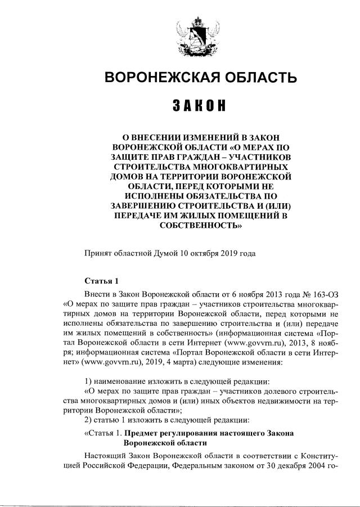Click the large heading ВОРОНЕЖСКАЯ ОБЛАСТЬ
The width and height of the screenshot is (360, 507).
[193, 78]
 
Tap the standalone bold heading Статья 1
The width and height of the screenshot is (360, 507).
[101, 281]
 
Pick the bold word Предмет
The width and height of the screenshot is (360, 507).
[141, 433]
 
